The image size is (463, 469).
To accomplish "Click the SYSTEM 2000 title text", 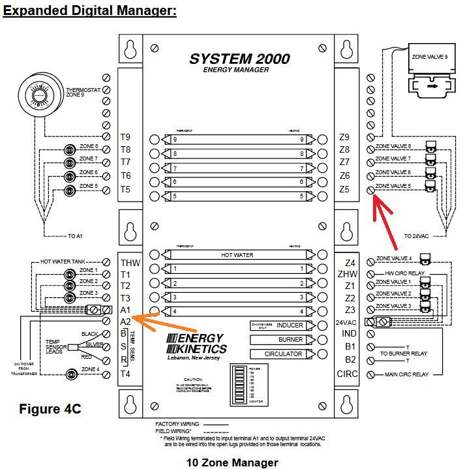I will point(239,58).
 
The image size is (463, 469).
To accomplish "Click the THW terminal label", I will point(130,263).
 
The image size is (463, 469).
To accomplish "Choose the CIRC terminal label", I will point(347,374).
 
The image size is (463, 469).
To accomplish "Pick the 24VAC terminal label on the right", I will point(347,322).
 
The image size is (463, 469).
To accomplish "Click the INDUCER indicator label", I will point(290,325).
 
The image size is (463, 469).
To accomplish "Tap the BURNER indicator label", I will point(290,339).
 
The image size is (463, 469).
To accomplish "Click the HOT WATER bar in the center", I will point(237,254).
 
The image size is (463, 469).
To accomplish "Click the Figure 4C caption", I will point(50,409).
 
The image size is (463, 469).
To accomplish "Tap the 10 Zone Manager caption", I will point(231,462).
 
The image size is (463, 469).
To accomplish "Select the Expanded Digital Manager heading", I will point(90,12).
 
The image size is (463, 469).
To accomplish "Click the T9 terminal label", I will point(125,137).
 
